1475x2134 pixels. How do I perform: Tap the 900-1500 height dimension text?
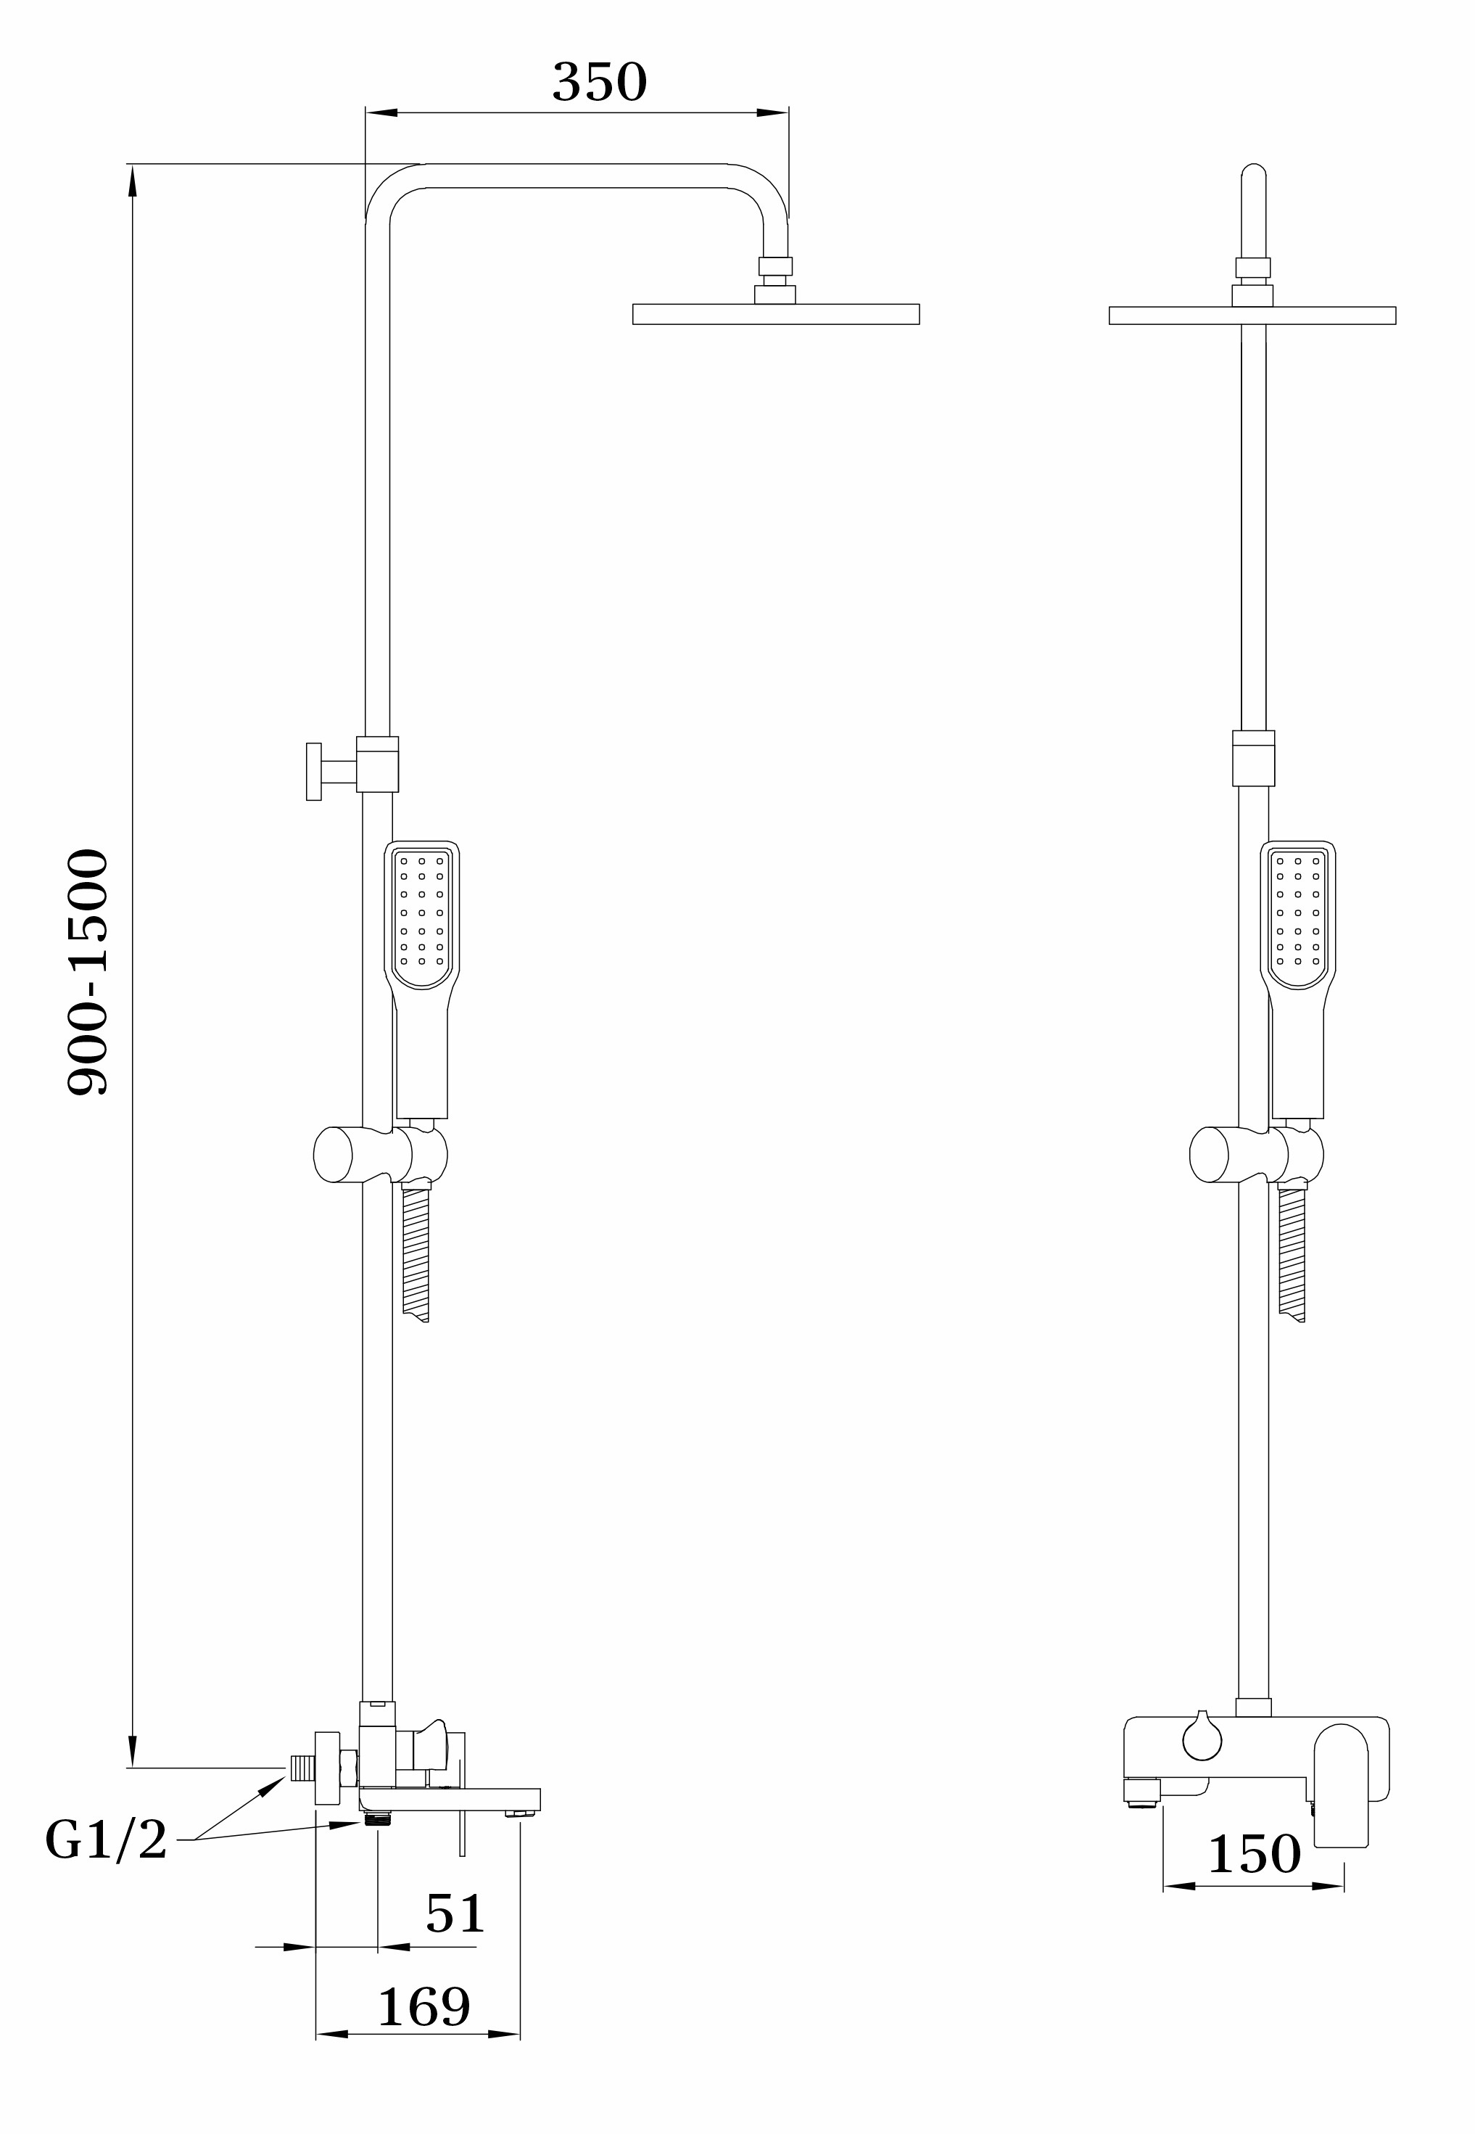[88, 971]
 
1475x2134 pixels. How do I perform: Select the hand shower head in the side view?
[422, 980]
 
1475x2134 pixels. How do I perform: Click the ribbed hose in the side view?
[417, 1255]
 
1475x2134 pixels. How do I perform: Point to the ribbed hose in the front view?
[1293, 1255]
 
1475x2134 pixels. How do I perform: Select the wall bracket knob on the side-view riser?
[314, 771]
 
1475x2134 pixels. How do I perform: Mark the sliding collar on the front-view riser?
[1253, 758]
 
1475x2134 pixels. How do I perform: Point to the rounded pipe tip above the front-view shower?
[1253, 172]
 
